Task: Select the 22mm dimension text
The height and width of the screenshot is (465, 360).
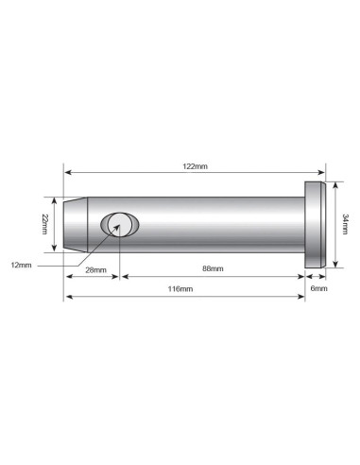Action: tap(44, 223)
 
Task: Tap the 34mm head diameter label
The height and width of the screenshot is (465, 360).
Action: tap(344, 224)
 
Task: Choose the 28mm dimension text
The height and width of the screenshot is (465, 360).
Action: tap(94, 269)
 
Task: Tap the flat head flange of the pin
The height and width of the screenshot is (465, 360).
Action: tap(315, 224)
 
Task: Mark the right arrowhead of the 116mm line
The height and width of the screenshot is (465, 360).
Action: tap(301, 298)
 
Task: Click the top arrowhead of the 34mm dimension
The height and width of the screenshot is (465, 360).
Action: tap(335, 185)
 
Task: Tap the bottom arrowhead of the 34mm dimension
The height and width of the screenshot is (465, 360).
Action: tap(335, 264)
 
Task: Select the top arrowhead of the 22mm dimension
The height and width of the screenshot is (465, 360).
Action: tap(54, 200)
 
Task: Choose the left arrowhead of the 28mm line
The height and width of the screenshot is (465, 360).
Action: tap(67, 277)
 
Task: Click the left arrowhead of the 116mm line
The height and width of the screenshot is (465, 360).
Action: tap(67, 298)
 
